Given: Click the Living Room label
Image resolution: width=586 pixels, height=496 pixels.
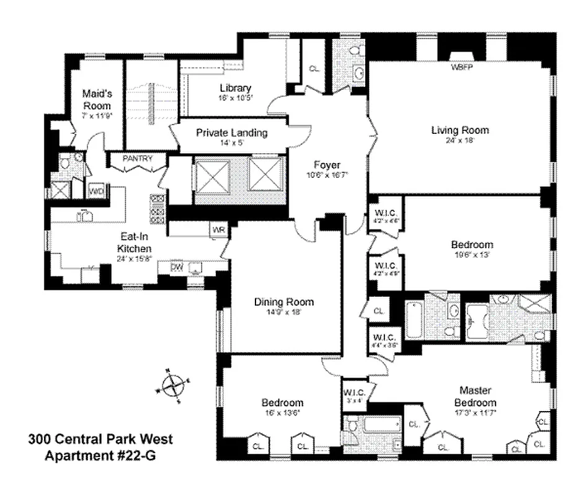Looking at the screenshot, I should click(x=460, y=130).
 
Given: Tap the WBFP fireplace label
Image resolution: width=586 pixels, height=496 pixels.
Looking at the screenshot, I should click(x=461, y=66).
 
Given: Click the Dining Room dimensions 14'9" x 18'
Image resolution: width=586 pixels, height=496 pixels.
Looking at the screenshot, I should click(x=284, y=313).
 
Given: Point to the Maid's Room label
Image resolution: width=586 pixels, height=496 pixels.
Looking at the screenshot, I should click(x=97, y=100).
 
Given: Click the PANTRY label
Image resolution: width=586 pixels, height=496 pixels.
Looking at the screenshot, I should click(x=137, y=159).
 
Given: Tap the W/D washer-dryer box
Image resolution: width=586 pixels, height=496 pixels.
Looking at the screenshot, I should click(x=97, y=191).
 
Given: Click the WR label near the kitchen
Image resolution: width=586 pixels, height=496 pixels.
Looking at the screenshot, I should click(x=218, y=230).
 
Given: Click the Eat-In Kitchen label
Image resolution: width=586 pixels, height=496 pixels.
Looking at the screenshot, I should click(x=135, y=242).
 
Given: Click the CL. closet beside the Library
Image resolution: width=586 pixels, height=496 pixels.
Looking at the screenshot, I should click(x=314, y=69).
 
